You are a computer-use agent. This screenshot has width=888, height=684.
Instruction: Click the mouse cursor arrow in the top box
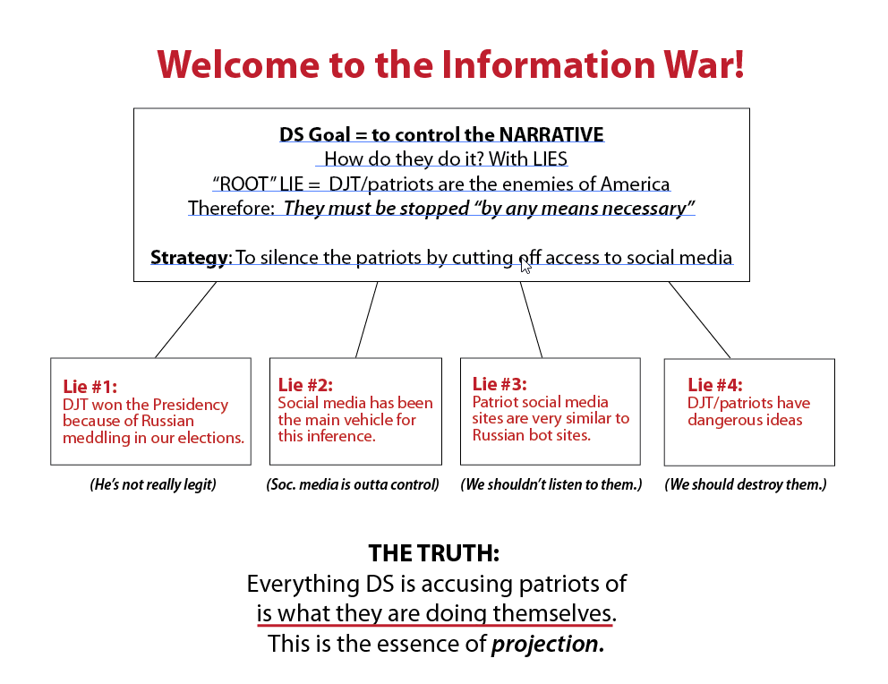pos(525,266)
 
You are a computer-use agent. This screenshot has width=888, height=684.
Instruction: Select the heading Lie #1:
pos(90,387)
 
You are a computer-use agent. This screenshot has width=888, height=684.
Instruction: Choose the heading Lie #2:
pos(305,385)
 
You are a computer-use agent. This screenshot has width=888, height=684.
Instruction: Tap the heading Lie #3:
pos(499,384)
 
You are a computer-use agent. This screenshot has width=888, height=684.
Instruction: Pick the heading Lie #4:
pos(714,385)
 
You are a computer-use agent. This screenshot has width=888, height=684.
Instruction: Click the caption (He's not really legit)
pos(153,484)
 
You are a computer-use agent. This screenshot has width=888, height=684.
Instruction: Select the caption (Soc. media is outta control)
pos(353,484)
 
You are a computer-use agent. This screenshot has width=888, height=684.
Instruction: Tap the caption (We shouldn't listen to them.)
pos(551,484)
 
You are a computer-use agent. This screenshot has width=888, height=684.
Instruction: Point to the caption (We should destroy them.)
pos(746,484)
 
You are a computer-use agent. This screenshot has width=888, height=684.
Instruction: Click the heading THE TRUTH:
pos(434,553)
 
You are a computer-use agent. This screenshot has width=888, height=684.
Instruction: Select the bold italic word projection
pos(548,645)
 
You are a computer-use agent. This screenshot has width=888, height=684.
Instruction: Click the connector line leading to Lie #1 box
pos(186,320)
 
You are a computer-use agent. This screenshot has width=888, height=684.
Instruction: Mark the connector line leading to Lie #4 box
pos(699,320)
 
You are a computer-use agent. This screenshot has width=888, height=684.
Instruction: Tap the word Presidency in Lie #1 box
pos(191,406)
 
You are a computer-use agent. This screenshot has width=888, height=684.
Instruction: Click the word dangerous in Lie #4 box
pos(719,420)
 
